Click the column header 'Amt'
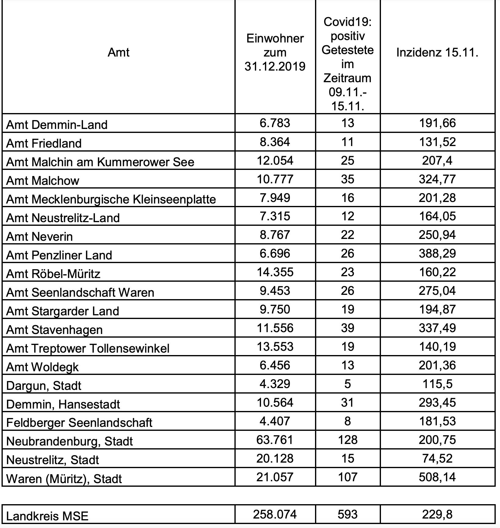coord(118,53)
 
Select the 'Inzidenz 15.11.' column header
coord(437,53)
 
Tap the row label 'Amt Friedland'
coord(44,143)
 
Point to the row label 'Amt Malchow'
coord(43,181)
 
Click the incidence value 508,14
coord(437,477)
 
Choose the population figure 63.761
coord(275,440)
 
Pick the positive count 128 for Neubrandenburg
coord(348,440)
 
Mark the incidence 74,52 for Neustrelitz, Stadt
coord(437,458)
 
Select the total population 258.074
coord(275,514)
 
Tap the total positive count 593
coord(348,514)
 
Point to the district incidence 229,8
coord(437,514)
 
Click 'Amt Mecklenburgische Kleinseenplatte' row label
coord(111,199)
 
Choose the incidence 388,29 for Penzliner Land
coord(437,253)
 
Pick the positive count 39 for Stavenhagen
coord(348,328)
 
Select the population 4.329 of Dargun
coord(275,384)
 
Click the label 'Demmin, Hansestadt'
coord(63,404)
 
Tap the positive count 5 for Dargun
coord(348,384)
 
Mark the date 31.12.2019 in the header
coord(275,66)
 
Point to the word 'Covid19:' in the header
coord(348,22)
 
